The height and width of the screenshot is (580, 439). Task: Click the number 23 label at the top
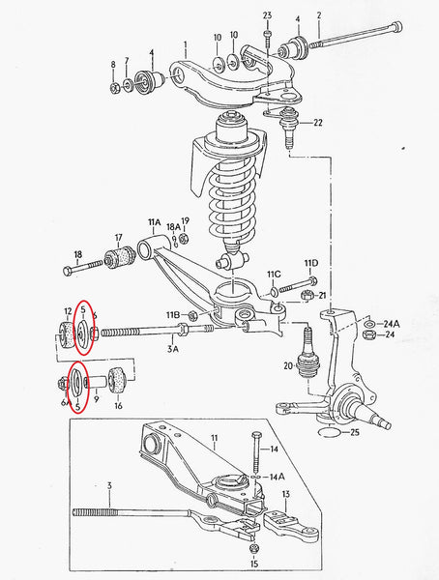click(268, 14)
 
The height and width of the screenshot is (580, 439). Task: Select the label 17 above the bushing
click(119, 237)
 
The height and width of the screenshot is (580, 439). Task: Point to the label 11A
click(154, 222)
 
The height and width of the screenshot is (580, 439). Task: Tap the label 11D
click(310, 264)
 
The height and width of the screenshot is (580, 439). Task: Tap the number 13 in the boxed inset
click(285, 495)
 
